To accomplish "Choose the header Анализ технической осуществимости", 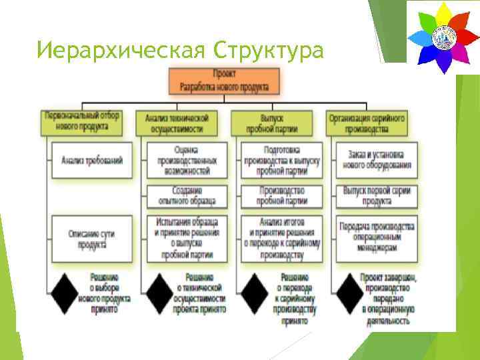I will coord(177,123).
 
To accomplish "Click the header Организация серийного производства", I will coord(367,123).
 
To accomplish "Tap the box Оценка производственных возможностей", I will coord(186,161).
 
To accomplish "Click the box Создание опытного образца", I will coord(186,196).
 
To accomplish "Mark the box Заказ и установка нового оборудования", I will coord(377,161).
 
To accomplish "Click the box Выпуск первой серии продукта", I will coord(377,196).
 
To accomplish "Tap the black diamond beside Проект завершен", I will coord(346,291).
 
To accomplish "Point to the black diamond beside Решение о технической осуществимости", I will coord(161,291).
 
